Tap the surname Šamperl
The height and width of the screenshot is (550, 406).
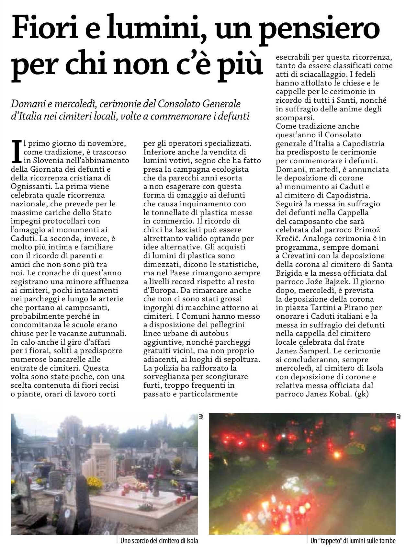pos(324,351)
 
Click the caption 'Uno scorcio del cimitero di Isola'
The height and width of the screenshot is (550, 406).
pos(159,541)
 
